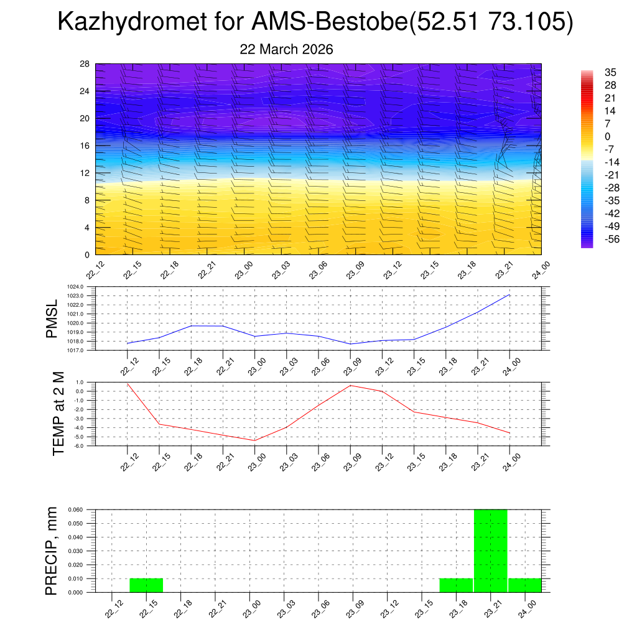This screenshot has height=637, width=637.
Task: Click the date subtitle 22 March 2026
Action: point(286,49)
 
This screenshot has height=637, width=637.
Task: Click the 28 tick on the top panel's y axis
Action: point(85,64)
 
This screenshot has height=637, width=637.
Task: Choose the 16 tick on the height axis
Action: point(85,146)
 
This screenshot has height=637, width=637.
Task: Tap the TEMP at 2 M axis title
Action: point(58,414)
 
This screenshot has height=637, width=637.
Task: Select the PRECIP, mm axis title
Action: point(52,551)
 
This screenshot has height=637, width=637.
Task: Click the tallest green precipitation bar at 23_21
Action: point(490,551)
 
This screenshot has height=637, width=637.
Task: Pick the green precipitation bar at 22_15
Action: point(146,585)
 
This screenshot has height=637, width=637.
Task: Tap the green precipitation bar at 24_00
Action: point(524,585)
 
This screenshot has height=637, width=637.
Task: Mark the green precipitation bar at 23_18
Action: point(456,585)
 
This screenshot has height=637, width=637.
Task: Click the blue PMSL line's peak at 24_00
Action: point(510,295)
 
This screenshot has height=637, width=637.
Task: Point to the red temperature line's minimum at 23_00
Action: point(254,440)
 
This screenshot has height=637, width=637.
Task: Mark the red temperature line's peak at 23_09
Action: point(350,385)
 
